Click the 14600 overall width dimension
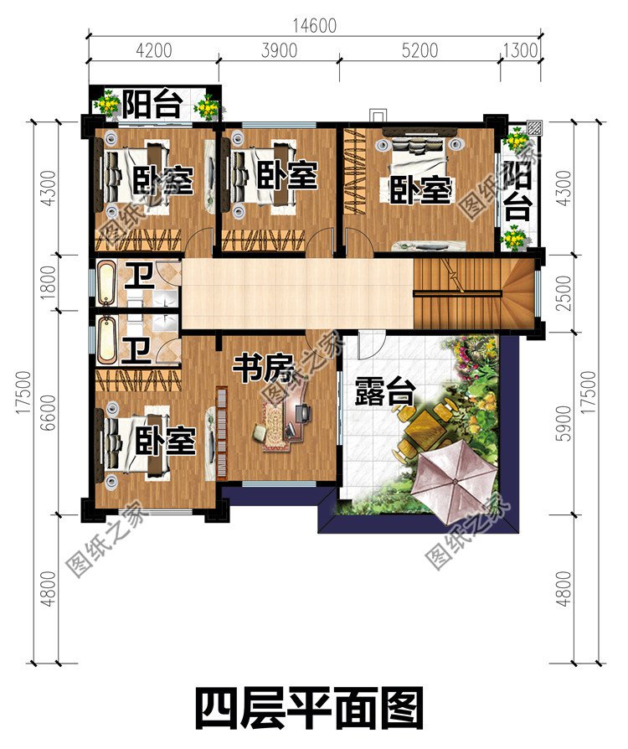[x=315, y=25]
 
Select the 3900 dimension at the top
[x=279, y=50]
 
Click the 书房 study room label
[x=260, y=369]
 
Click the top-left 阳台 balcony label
[x=152, y=105]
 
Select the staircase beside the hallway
[x=473, y=293]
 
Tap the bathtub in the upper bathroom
[x=106, y=282]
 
